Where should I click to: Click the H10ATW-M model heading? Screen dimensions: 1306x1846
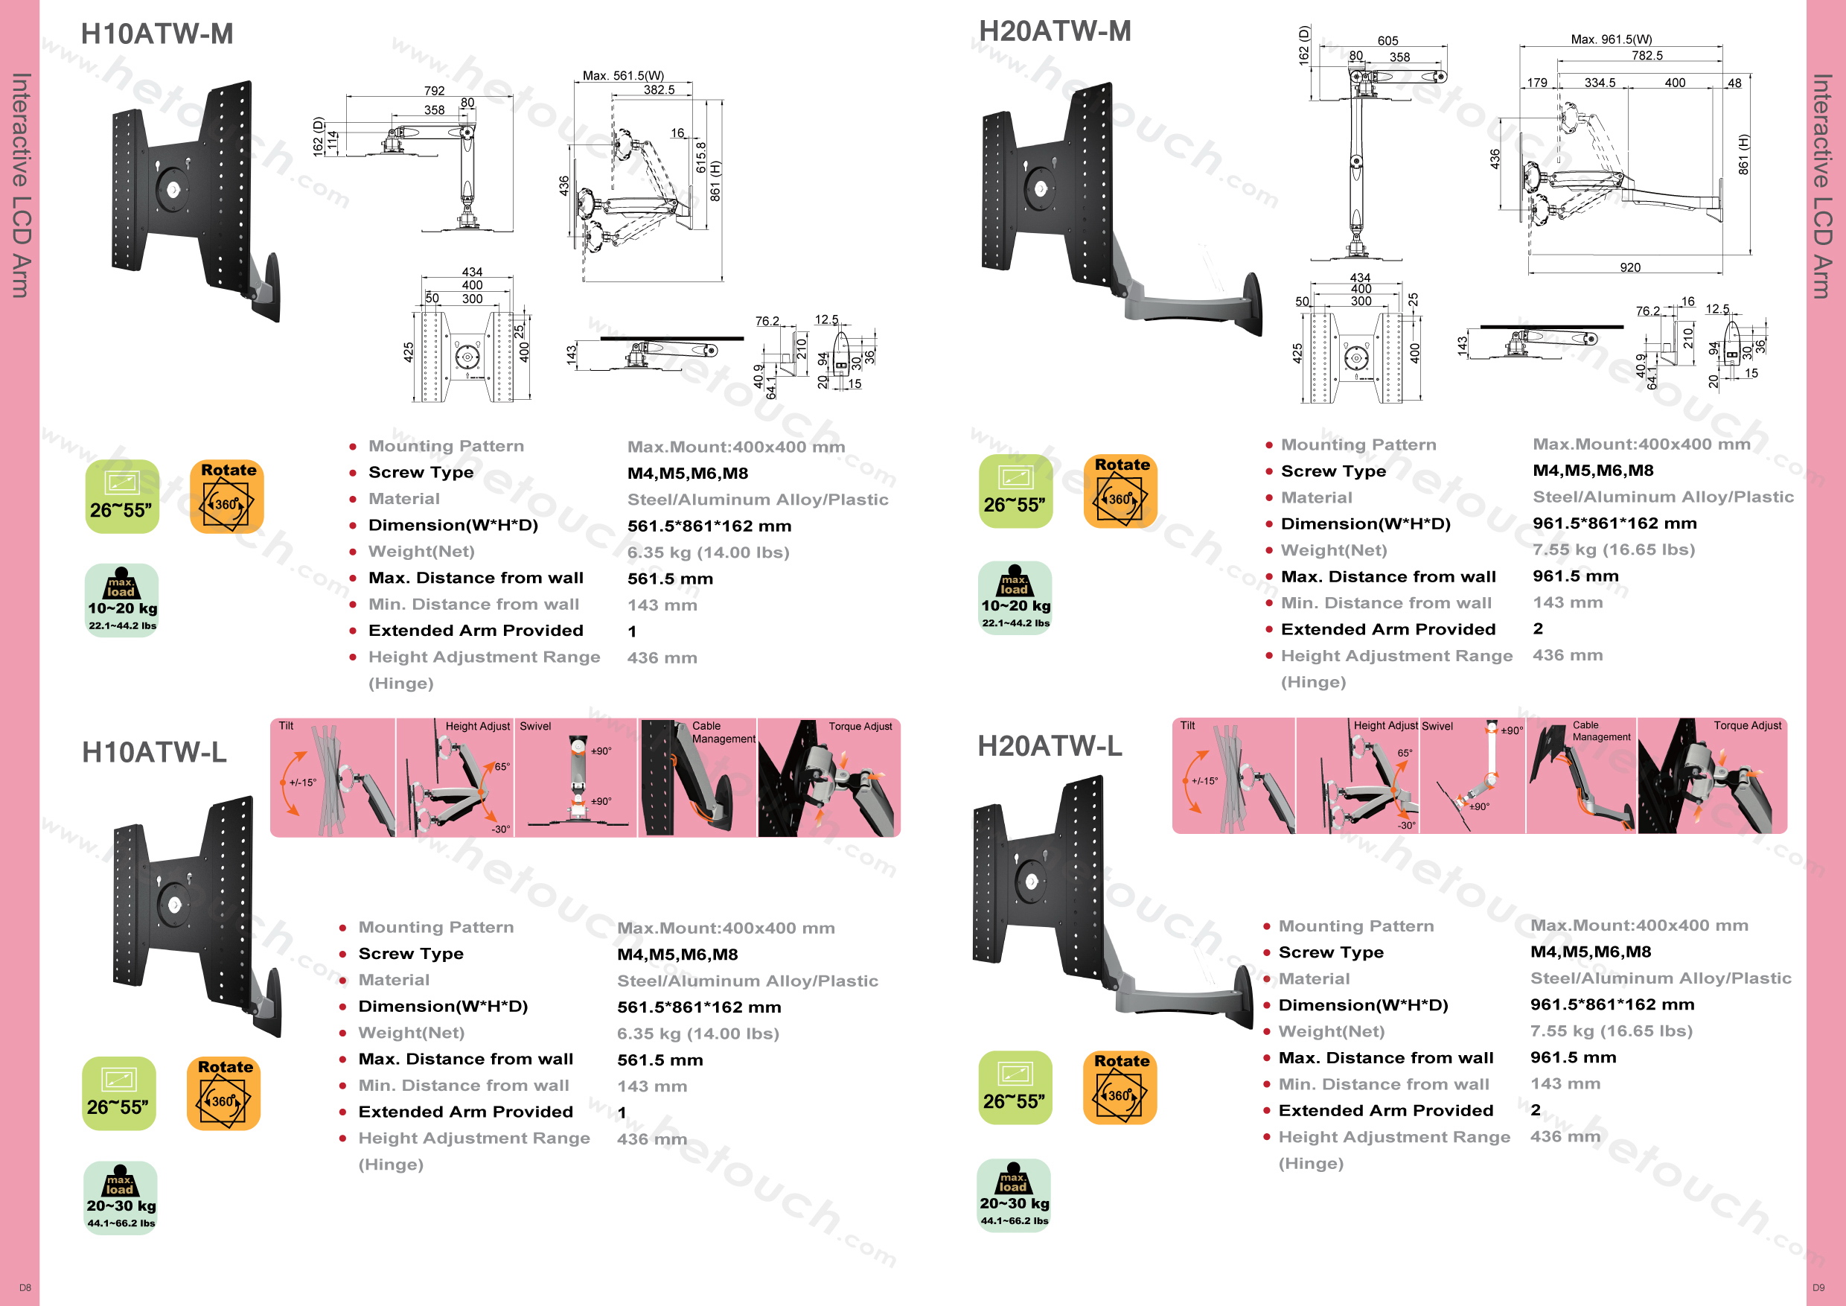tap(157, 34)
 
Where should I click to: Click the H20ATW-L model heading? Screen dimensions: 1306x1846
tap(1050, 746)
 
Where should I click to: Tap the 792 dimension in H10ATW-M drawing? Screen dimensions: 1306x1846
tap(434, 91)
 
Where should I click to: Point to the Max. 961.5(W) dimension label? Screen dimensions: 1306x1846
tap(1612, 39)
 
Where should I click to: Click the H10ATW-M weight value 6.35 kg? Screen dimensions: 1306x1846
tap(708, 552)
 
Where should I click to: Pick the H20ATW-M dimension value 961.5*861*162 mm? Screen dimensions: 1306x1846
tap(1614, 523)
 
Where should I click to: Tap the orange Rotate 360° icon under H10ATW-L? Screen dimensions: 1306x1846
tap(224, 1093)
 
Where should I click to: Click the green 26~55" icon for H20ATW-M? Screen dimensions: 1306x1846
tap(1015, 491)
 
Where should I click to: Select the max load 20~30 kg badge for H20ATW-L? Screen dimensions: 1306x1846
tap(1014, 1195)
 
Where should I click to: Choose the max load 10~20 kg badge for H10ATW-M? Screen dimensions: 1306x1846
tap(122, 600)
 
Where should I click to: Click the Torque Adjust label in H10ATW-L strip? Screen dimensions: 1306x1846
tap(860, 726)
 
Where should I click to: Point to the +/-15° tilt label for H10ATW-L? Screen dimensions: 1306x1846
tap(303, 783)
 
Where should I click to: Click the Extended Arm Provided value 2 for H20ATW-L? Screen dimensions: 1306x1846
tap(1535, 1109)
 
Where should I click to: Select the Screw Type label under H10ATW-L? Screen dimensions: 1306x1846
tap(411, 954)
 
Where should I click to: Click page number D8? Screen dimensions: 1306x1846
tap(25, 1287)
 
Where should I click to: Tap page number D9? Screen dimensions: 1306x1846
tap(1818, 1287)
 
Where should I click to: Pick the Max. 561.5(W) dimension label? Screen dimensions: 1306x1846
tap(623, 76)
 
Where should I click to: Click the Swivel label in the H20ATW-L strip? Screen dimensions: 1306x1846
tap(1437, 726)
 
